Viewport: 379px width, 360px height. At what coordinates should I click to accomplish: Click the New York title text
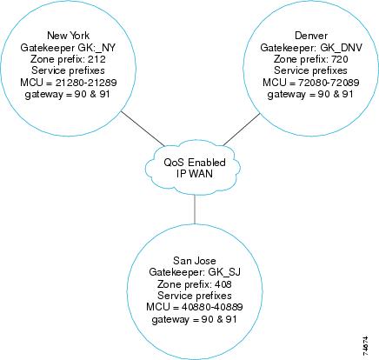point(68,36)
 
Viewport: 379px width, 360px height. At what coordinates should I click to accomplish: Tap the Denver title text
point(311,36)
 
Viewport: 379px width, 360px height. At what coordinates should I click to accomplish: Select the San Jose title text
point(195,260)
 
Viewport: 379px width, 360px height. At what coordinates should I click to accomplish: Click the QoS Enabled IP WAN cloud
point(193,168)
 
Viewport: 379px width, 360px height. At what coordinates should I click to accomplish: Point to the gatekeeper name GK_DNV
point(341,48)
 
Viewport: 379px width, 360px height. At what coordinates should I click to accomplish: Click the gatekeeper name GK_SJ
point(224,272)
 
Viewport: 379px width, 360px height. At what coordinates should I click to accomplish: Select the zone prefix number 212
point(96,59)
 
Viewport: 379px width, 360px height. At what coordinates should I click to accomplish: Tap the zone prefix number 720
point(339,59)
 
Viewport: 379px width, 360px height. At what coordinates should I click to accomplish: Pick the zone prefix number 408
point(223,284)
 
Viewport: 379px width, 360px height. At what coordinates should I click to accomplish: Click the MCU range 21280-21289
point(86,83)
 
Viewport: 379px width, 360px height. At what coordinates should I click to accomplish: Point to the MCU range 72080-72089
point(329,83)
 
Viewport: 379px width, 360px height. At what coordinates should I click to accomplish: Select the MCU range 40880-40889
point(212,307)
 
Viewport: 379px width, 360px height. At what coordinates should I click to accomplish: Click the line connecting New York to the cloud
point(143,129)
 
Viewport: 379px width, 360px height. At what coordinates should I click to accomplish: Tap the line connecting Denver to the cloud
point(242,130)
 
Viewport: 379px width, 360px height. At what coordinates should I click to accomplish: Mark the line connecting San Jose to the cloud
point(195,210)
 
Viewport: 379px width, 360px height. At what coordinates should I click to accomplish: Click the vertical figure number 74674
point(365,346)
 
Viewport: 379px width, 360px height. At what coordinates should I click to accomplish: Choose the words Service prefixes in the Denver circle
point(310,70)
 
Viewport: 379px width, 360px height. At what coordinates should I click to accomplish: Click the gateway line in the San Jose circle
point(194,319)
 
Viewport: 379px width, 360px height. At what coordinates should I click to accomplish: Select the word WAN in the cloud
point(201,174)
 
